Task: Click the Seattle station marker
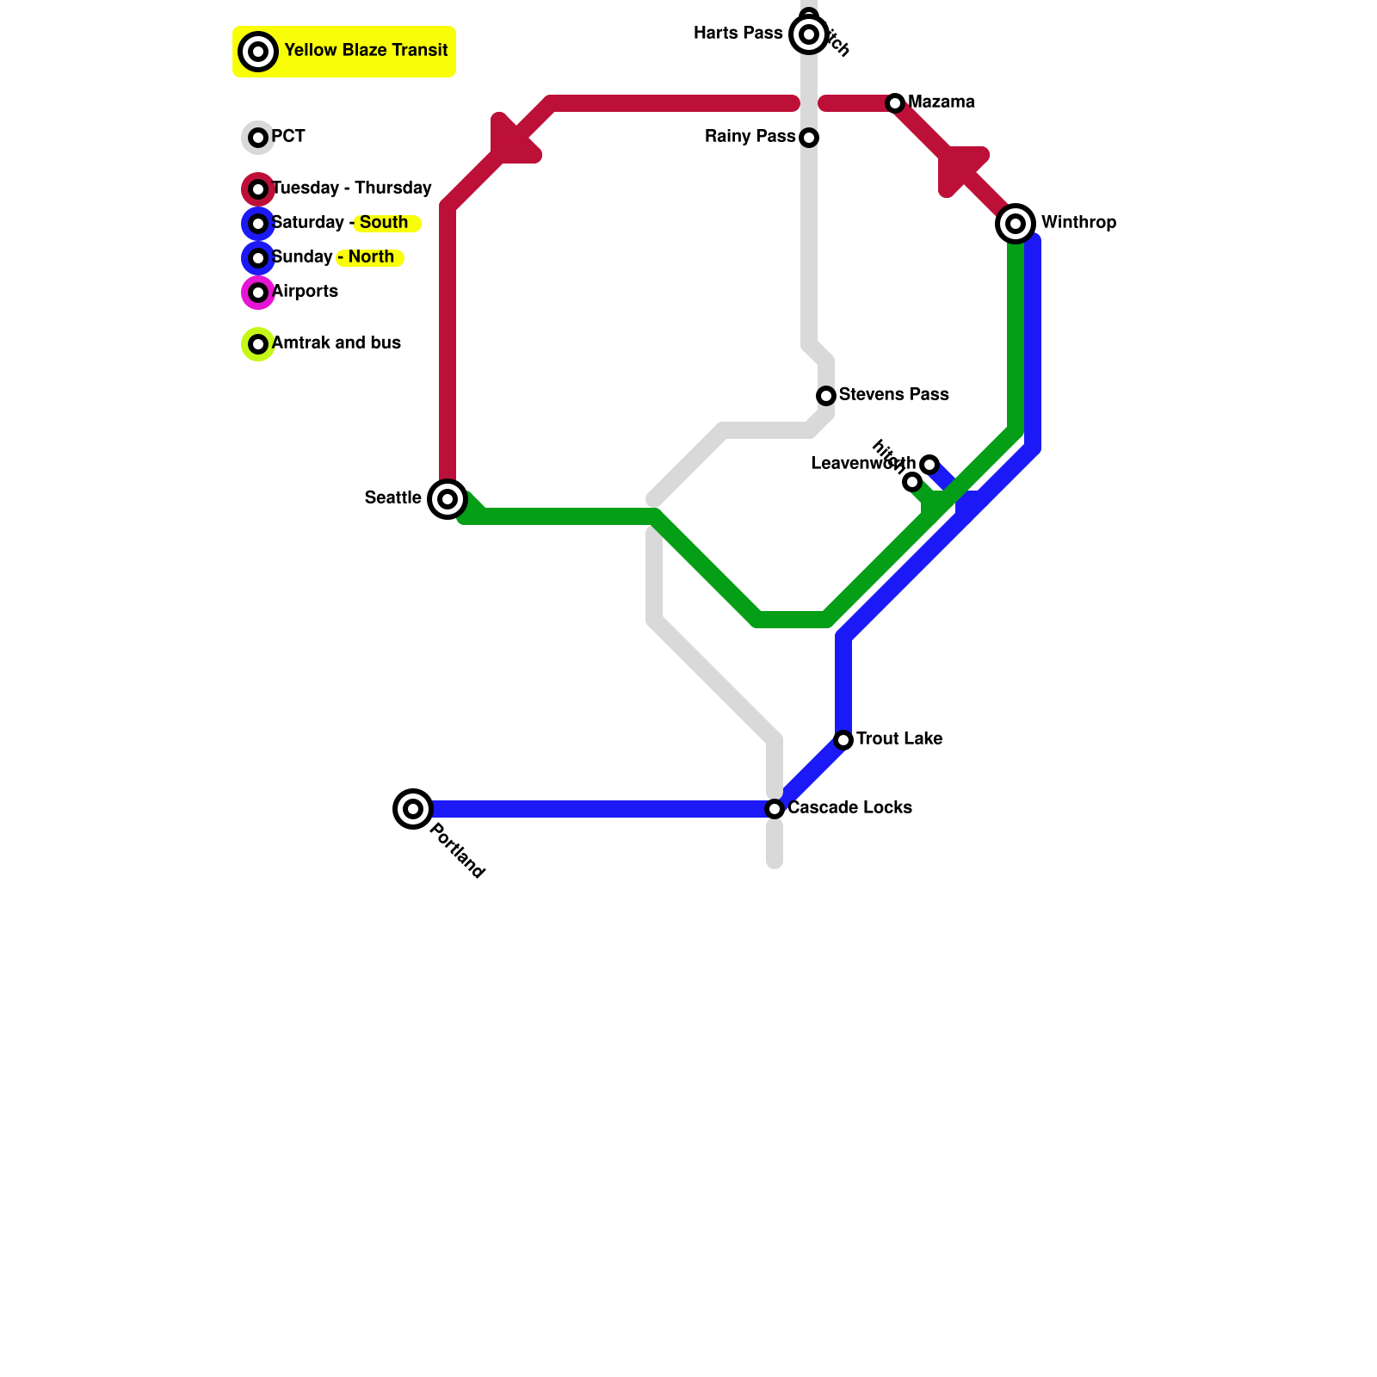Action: pos(448,498)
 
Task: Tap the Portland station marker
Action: pos(413,808)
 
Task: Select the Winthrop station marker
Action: pos(1016,224)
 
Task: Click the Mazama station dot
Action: pos(895,103)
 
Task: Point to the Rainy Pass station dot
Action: pos(809,138)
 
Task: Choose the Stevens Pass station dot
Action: pos(826,396)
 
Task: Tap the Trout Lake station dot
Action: pos(843,740)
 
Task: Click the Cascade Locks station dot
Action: pos(775,809)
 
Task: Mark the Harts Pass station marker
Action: pos(809,34)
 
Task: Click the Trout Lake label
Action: pos(899,738)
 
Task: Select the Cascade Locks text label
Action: pos(849,807)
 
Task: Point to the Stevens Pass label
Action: pos(893,394)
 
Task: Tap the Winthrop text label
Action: pos(1078,222)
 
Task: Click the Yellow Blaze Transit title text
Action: pos(366,50)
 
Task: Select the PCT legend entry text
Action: pos(288,136)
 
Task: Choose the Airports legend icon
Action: pos(258,293)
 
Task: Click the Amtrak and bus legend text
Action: pos(337,343)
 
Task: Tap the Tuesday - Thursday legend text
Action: pos(351,188)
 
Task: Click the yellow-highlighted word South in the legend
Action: pos(384,222)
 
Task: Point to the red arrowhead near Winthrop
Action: pos(960,168)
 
